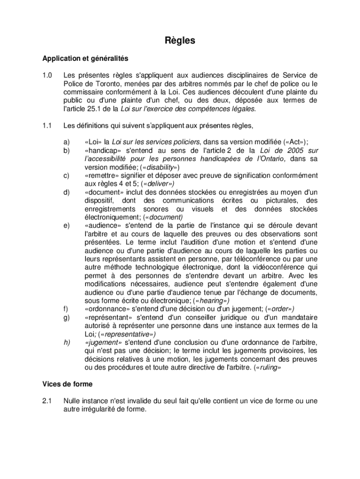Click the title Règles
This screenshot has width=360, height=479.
[180, 41]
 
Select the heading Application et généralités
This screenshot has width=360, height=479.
[85, 59]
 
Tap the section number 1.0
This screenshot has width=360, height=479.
[47, 75]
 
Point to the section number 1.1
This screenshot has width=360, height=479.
[47, 125]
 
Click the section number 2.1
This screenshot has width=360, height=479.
[47, 401]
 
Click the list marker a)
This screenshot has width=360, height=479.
[67, 142]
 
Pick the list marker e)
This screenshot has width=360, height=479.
[67, 225]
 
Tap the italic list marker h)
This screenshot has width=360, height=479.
[67, 342]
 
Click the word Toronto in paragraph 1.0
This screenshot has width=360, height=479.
[101, 83]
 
